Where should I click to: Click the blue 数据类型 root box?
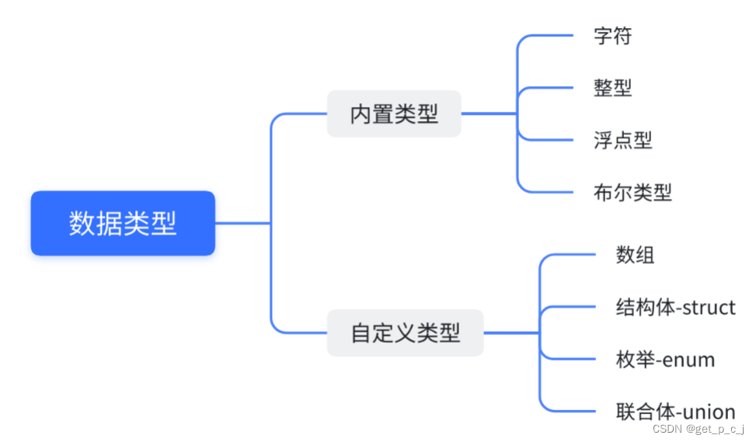point(123,224)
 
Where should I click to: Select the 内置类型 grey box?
point(394,114)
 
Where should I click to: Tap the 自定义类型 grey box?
point(405,333)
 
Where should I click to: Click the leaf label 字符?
point(612,36)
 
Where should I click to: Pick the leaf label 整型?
point(612,88)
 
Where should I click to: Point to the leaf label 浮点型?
point(622,140)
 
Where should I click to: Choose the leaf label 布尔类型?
point(632,192)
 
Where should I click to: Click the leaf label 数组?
point(635,254)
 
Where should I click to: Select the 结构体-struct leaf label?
point(675,307)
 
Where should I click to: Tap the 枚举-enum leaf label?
point(665,360)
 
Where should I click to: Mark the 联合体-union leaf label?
point(675,412)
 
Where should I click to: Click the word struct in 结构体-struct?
point(707,307)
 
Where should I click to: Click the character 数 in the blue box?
point(81,224)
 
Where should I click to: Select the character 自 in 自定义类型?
point(361,333)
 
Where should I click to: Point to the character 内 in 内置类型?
point(361,114)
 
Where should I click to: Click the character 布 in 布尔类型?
point(603,192)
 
